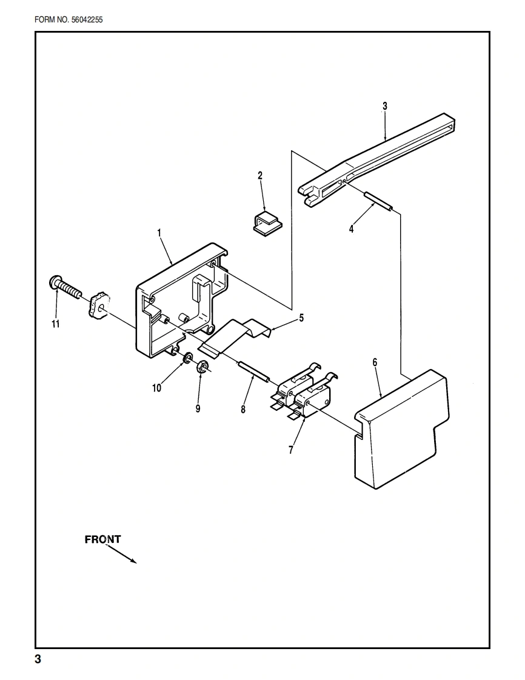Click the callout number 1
tap(159, 233)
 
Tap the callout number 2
tap(260, 176)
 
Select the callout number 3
tap(384, 105)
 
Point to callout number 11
tap(56, 324)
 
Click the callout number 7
tap(291, 450)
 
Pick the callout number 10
tap(157, 388)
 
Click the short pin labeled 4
tap(378, 201)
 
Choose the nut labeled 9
tap(204, 365)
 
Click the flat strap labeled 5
tap(236, 337)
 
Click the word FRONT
tap(102, 539)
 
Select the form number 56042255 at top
tap(69, 19)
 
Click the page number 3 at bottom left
tap(38, 659)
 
